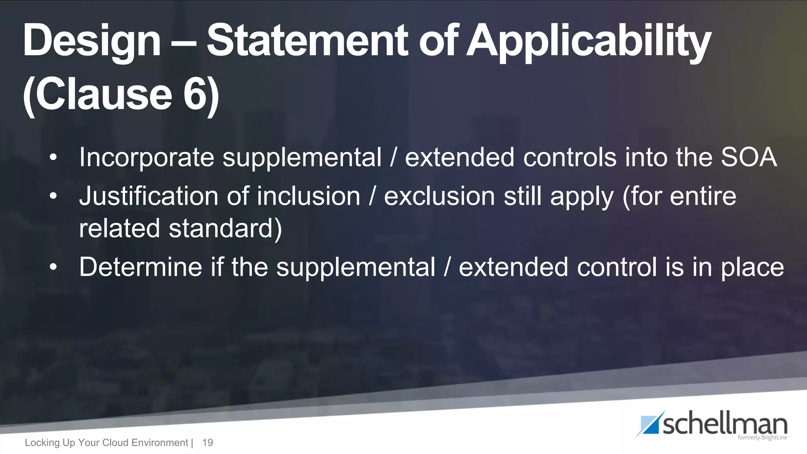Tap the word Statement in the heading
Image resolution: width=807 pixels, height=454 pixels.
click(x=308, y=40)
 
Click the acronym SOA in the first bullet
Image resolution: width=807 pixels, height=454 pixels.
click(x=748, y=157)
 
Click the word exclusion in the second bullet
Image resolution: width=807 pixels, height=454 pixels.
click(x=439, y=196)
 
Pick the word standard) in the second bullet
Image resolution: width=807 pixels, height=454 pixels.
click(x=225, y=229)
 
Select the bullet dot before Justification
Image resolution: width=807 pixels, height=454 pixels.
click(x=53, y=196)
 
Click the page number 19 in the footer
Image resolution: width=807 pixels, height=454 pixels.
click(x=207, y=443)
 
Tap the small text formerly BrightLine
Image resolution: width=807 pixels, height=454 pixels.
click(x=762, y=437)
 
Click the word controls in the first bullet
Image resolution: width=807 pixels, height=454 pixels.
click(x=569, y=157)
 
